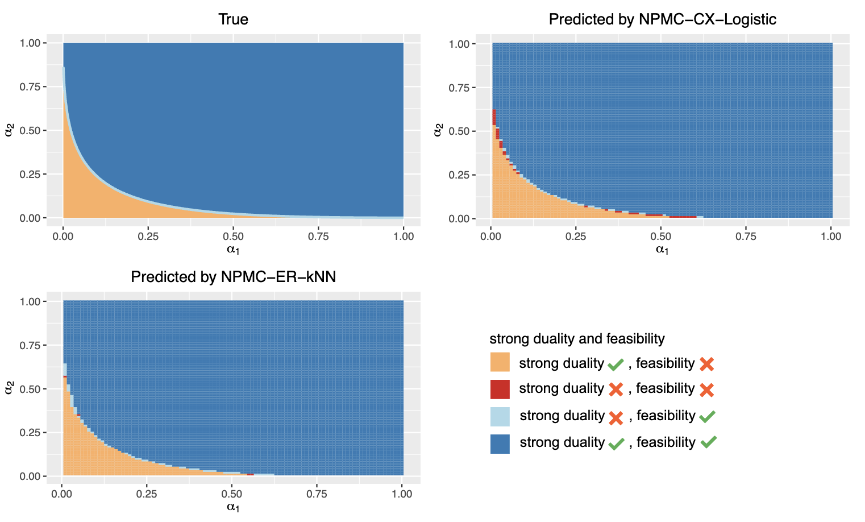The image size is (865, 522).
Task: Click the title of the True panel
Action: [233, 19]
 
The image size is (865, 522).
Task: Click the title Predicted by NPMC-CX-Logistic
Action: [662, 19]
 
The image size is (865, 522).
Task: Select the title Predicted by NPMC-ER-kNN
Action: [233, 277]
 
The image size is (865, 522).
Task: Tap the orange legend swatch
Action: [500, 362]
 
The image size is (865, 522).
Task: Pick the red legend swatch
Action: [500, 389]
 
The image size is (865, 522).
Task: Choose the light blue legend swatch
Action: [500, 416]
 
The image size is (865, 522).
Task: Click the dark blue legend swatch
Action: [500, 443]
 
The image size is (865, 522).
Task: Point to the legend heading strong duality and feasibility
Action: [577, 339]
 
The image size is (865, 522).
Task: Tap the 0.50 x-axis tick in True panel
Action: [233, 236]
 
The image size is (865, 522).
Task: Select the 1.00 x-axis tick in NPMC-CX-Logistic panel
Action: [831, 237]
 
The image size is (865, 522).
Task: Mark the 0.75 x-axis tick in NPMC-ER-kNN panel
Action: [317, 494]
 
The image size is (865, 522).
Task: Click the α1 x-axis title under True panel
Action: [233, 248]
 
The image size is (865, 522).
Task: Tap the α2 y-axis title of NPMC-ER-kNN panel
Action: [9, 388]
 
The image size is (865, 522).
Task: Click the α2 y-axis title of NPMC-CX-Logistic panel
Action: [438, 130]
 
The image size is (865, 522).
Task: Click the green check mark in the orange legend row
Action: [616, 364]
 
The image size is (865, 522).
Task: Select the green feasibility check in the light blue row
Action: [707, 416]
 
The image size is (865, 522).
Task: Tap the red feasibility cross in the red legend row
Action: [706, 390]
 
